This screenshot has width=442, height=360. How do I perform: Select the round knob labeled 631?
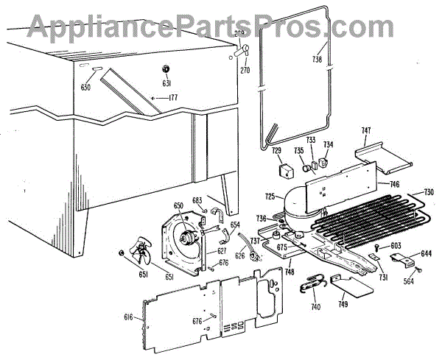point(166,69)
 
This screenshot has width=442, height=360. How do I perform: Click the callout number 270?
point(245,71)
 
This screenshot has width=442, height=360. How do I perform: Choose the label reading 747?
point(366,131)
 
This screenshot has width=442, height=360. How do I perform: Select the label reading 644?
point(426,255)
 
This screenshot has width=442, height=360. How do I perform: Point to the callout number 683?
point(197,200)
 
